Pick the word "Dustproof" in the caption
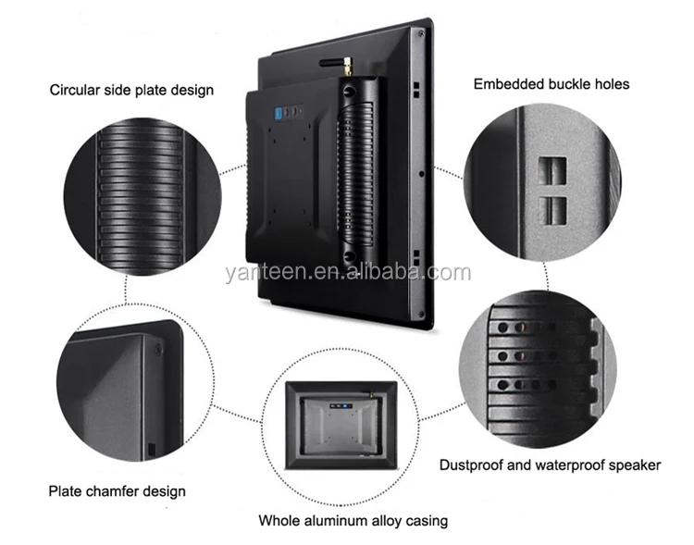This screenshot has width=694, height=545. coord(470,464)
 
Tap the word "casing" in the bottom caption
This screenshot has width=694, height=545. coord(426,521)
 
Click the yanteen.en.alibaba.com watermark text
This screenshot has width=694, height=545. coord(347,272)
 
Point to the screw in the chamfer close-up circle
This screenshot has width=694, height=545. coord(156,349)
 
